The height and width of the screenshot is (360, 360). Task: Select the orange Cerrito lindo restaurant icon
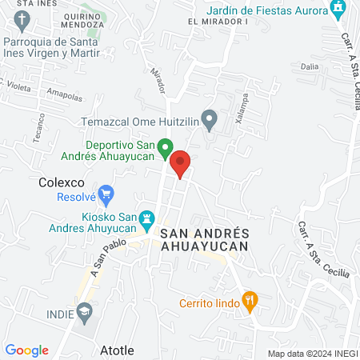click(250, 302)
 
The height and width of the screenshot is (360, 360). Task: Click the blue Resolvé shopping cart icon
click(106, 193)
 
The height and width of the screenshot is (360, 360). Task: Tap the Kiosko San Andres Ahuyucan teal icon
click(147, 218)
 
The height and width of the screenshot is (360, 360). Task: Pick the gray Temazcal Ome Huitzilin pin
click(210, 122)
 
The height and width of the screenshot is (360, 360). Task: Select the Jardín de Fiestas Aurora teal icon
click(339, 10)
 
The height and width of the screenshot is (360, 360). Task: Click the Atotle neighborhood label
click(117, 350)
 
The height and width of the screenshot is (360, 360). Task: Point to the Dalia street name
click(310, 67)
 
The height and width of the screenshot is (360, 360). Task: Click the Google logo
click(27, 350)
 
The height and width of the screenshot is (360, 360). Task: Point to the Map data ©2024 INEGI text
click(311, 354)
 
